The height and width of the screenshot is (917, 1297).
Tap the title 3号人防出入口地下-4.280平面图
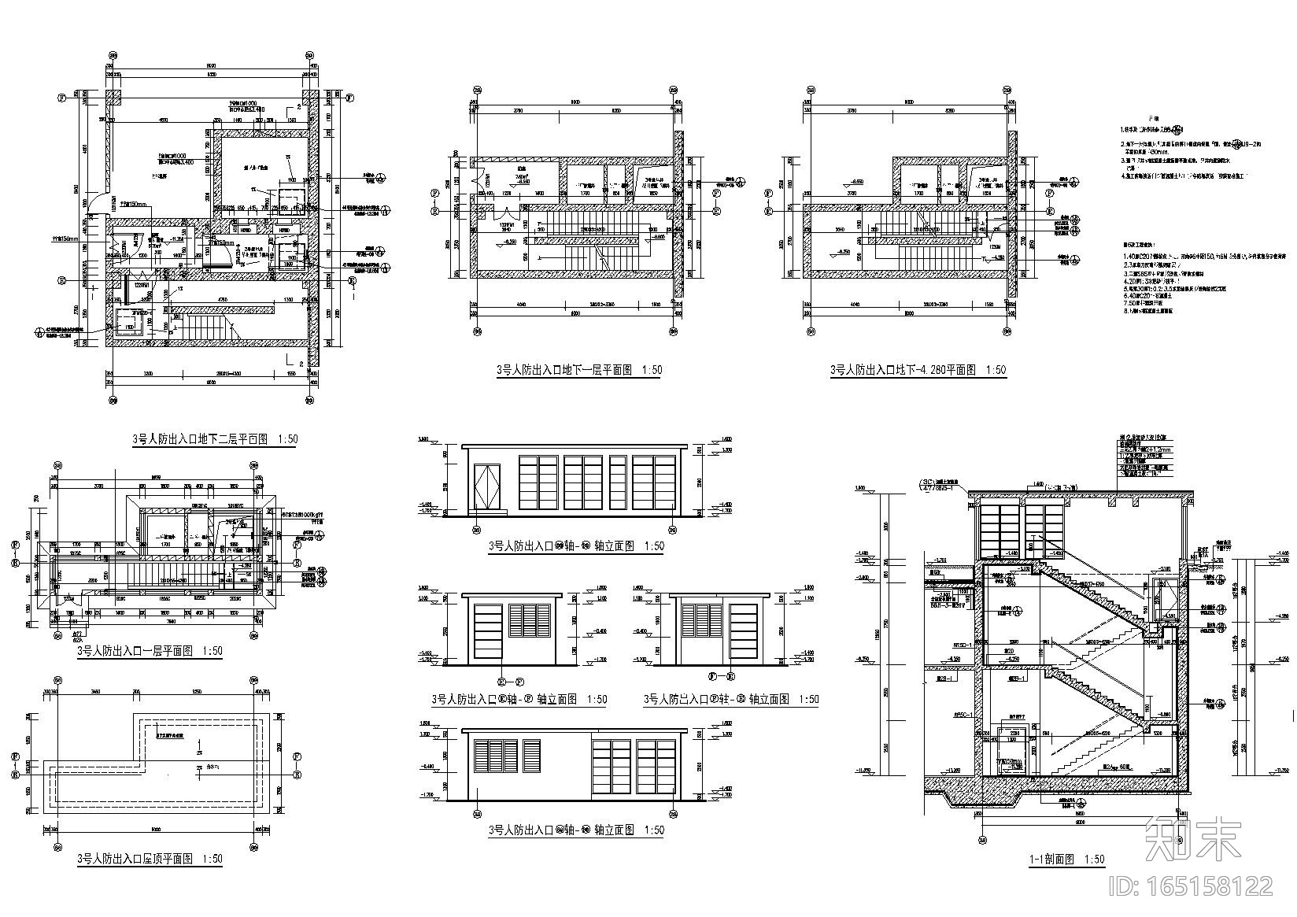[x=902, y=369]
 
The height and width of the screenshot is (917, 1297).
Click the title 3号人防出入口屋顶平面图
[x=135, y=859]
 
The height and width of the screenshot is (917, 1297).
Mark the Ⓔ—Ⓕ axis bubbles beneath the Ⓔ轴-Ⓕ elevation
[x=509, y=682]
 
